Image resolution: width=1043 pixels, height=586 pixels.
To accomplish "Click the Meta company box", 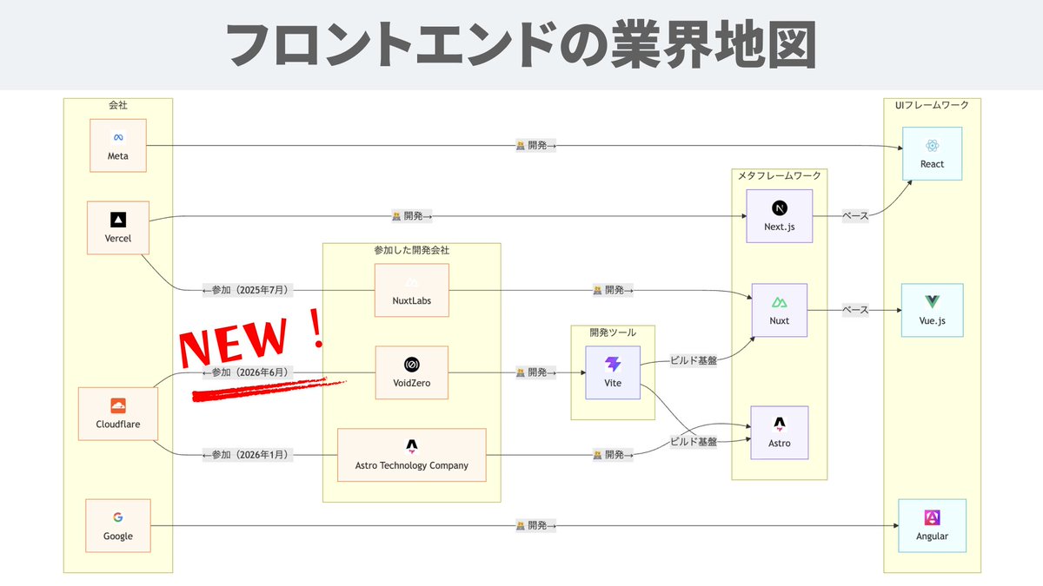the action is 118,146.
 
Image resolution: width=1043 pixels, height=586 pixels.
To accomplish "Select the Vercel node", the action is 118,227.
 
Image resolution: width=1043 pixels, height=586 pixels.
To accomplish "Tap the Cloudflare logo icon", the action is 118,405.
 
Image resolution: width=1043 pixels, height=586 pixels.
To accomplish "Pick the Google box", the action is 118,526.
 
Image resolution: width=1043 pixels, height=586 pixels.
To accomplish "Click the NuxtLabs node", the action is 412,291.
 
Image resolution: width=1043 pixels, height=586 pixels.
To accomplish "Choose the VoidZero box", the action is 412,372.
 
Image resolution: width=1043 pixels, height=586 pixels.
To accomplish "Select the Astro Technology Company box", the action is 412,455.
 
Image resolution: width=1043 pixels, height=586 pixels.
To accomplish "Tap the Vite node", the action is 613,372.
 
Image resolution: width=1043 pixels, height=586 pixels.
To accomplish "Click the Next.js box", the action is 780,216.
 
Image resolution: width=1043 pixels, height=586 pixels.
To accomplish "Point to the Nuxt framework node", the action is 780,310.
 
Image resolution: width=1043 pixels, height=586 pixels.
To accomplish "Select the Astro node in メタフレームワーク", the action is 780,433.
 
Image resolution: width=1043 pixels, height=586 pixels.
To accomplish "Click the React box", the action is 932,154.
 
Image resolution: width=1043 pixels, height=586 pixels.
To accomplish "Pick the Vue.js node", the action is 932,310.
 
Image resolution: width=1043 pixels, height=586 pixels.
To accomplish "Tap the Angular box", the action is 932,526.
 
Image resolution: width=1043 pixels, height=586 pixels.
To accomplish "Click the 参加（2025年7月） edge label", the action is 248,290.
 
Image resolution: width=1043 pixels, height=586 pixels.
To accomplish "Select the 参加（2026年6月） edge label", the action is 248,372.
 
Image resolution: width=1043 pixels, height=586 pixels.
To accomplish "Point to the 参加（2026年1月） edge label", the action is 248,455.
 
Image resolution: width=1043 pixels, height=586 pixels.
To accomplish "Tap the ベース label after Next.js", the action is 855,216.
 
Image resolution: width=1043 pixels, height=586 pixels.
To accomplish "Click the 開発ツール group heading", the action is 613,333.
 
